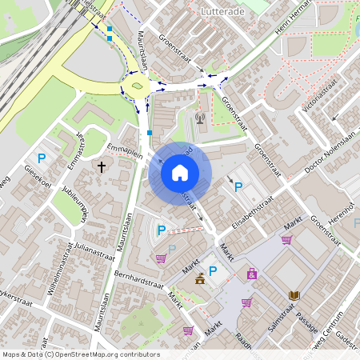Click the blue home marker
[180, 172]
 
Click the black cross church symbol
[102, 167]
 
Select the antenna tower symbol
[200, 120]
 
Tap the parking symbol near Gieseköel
[42, 158]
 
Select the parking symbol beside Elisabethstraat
[238, 186]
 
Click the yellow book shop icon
[294, 295]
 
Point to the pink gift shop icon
[253, 274]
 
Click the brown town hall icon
[199, 279]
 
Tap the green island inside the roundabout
[138, 86]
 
